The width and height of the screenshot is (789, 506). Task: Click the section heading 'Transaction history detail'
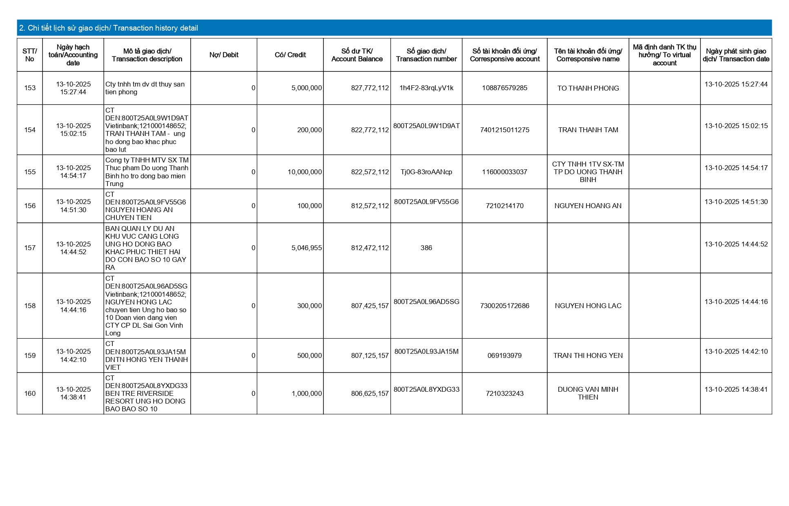tap(109, 28)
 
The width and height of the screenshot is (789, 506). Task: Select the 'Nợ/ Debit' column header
tap(224, 55)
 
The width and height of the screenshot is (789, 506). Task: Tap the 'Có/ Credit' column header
tap(290, 55)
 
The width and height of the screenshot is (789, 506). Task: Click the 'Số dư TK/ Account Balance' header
tap(357, 55)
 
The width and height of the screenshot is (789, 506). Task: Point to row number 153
tap(30, 88)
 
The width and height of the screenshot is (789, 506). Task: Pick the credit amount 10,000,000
tap(305, 172)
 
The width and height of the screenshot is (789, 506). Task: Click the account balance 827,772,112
tap(370, 88)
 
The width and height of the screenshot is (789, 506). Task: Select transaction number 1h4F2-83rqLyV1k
tap(426, 88)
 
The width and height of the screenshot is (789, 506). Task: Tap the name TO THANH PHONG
tap(588, 88)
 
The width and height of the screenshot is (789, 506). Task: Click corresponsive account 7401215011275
tap(505, 130)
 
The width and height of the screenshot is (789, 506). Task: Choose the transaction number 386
tap(426, 248)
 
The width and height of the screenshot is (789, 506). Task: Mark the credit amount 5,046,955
tap(306, 248)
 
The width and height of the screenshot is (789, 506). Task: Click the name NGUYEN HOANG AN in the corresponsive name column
tap(588, 206)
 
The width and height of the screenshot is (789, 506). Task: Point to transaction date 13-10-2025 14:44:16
tap(736, 302)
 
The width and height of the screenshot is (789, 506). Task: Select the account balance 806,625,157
tap(370, 394)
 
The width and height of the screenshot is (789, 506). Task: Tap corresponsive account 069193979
tap(505, 356)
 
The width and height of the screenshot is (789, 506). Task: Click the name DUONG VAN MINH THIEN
tap(588, 393)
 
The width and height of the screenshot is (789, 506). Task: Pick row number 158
tap(30, 306)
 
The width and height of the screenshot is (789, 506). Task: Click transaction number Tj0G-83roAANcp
tap(426, 172)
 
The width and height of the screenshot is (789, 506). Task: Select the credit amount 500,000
tap(309, 356)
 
